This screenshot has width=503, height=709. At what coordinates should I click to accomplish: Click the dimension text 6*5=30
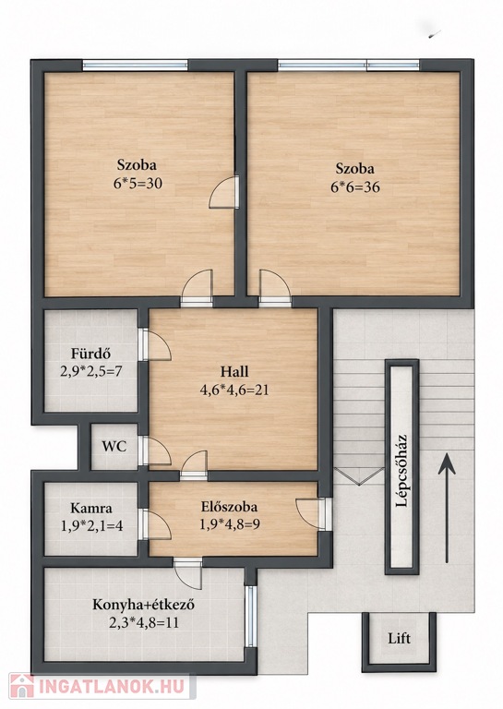point(138,183)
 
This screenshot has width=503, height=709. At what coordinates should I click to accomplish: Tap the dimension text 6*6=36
point(354,186)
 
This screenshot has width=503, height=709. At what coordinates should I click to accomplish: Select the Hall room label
point(234,372)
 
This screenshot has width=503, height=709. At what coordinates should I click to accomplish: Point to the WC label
point(114,447)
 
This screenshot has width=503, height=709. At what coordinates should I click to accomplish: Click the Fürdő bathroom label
point(90,354)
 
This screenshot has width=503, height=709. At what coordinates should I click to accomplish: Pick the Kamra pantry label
point(91,508)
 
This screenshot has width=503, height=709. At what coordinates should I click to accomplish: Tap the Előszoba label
point(229,507)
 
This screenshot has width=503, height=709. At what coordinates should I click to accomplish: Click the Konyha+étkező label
point(143,605)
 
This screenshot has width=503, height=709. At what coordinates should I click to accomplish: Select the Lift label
point(400,639)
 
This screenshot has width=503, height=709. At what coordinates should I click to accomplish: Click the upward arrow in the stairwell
point(447,509)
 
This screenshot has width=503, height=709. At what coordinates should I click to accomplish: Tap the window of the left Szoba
point(135,66)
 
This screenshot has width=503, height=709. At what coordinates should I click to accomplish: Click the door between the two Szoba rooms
point(224,192)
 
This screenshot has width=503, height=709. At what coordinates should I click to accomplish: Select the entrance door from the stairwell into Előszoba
point(312,513)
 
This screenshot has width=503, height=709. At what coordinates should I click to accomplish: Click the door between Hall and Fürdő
point(154,344)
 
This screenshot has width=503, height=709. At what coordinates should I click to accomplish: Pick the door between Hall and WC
point(154,451)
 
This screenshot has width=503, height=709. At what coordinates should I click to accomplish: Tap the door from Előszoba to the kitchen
point(187,572)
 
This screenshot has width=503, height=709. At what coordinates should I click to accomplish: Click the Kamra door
point(154,524)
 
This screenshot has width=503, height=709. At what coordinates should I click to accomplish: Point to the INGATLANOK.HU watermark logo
point(98,687)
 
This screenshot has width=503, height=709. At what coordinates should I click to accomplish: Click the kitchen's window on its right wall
point(250,616)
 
